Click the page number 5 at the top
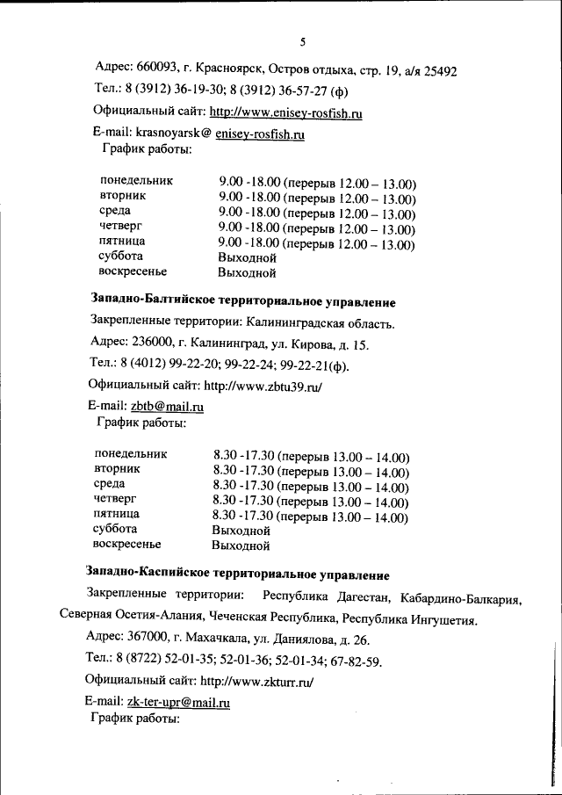click(x=301, y=41)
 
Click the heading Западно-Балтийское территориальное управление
click(x=244, y=301)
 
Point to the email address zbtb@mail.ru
click(x=167, y=407)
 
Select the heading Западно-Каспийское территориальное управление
click(x=237, y=575)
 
